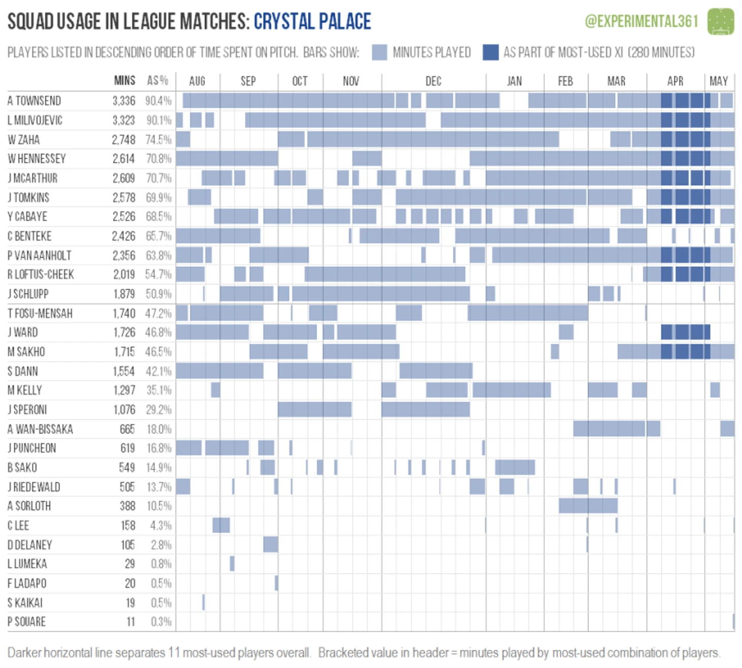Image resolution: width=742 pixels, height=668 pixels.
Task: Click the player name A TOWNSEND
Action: click(34, 101)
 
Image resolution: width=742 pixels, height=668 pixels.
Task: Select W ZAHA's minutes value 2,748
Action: click(123, 140)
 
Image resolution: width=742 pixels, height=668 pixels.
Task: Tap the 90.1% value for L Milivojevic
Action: click(159, 120)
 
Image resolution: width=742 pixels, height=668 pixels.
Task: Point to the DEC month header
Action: click(433, 81)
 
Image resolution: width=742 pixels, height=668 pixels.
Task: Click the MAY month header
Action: click(719, 81)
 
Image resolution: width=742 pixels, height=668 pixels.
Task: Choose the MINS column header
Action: click(125, 80)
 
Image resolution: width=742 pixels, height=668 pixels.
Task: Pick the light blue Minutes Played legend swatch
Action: click(379, 52)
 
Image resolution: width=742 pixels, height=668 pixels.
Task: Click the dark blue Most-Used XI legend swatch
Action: click(490, 52)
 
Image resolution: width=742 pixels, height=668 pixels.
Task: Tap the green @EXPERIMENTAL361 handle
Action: click(641, 21)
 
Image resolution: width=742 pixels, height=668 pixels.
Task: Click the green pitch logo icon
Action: click(721, 21)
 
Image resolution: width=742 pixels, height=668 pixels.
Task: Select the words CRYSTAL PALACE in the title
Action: click(312, 21)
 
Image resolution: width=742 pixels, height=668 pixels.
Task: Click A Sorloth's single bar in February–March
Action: click(588, 506)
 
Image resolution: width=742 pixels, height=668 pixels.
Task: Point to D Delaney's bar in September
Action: click(270, 544)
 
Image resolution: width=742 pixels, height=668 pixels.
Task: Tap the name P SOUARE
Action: click(26, 621)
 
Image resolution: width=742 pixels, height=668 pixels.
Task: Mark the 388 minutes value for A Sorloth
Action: click(127, 506)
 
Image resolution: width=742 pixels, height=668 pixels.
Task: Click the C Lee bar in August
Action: click(221, 525)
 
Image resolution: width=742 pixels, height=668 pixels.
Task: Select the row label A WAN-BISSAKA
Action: click(40, 429)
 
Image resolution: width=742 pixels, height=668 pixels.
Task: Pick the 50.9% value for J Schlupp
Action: click(159, 294)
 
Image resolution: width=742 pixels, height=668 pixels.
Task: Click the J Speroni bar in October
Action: click(315, 409)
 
